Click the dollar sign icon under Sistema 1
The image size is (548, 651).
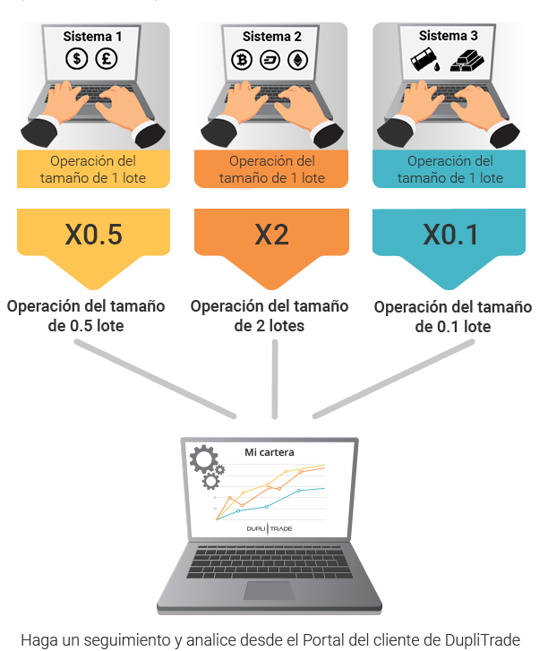76,58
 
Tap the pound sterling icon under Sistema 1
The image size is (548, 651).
107,58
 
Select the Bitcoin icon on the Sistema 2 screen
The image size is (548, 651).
242,60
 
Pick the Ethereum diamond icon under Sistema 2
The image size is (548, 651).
297,60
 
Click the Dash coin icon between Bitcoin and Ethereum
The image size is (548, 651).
270,60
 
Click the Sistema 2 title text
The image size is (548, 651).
272,37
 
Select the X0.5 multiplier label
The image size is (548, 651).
93,235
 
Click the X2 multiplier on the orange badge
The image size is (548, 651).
271,235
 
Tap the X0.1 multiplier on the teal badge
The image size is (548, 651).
450,235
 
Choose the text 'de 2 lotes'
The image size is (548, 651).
269,326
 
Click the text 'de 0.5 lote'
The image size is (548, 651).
86,326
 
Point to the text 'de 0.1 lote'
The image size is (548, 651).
453,327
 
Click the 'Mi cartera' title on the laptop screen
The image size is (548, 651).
269,452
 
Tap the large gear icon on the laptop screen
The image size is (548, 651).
203,458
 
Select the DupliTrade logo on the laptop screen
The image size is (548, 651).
269,528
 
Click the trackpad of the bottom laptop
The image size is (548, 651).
269,590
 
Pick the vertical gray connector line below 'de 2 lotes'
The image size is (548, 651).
274,379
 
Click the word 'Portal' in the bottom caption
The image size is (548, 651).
322,639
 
